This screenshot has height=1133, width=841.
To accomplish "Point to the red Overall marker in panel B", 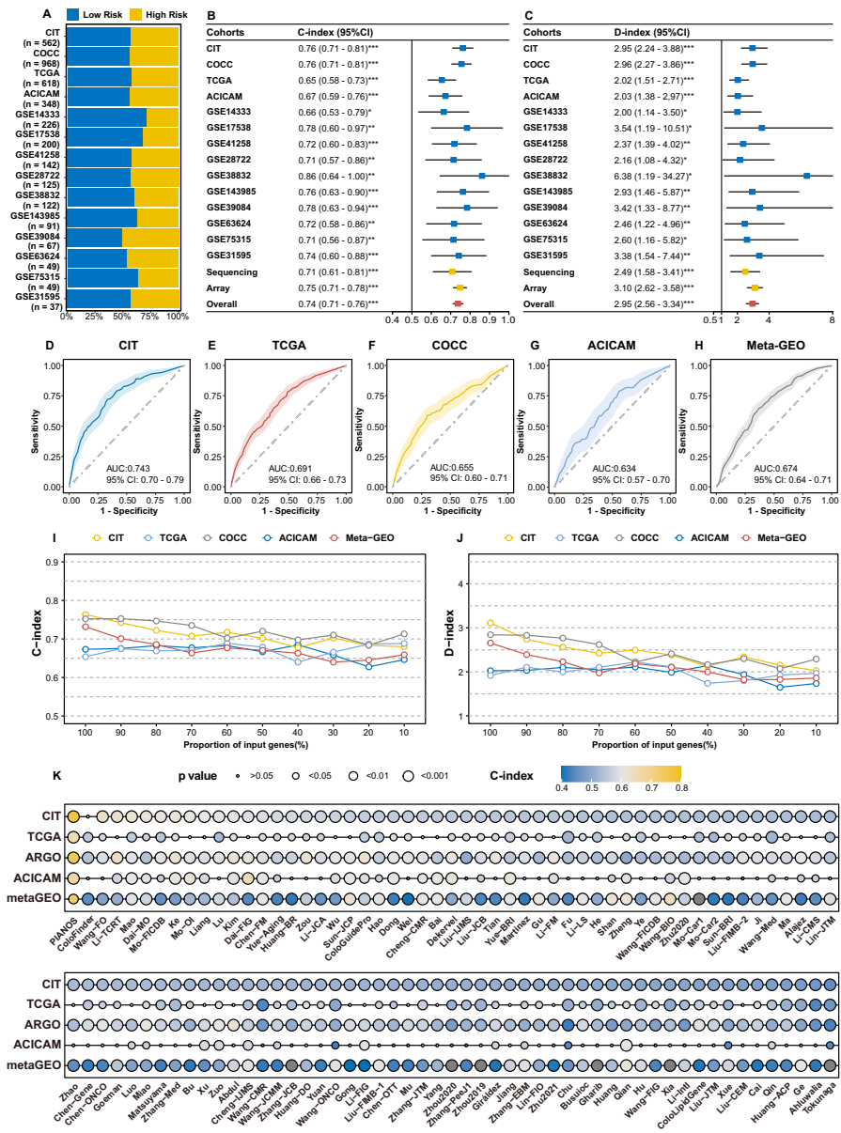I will coord(458,303).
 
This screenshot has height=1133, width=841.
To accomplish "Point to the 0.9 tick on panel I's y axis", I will coord(54,562).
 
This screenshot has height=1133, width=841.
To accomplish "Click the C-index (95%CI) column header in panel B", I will coord(331,32).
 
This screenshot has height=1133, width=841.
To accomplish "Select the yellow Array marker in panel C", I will coord(755,287).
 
